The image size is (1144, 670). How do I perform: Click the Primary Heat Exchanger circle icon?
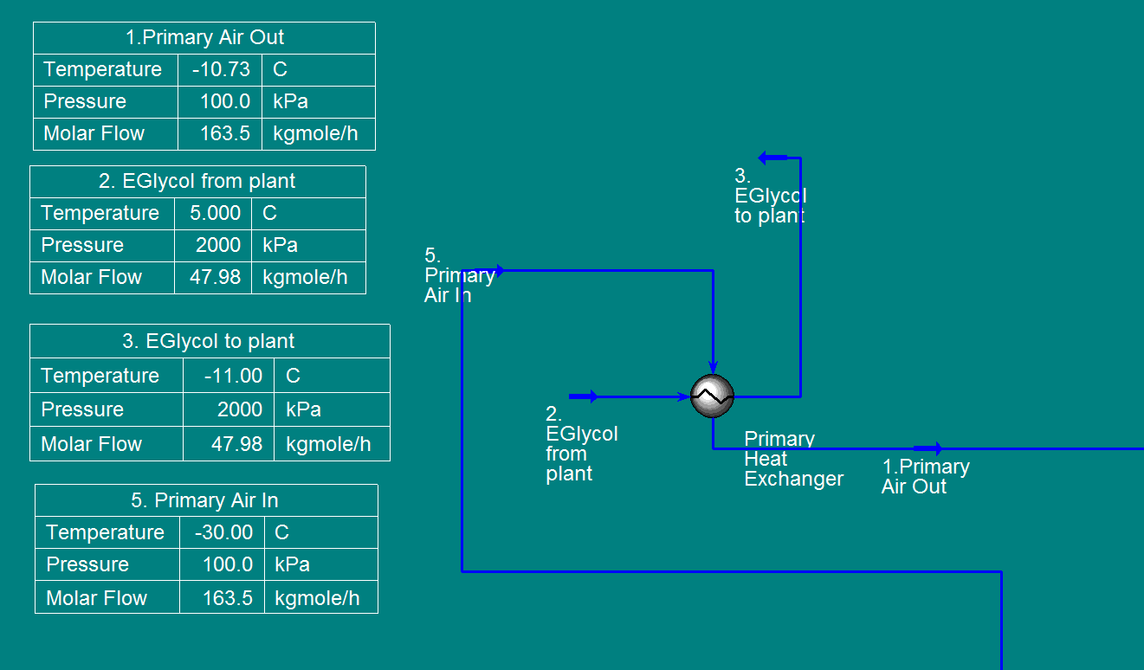click(712, 396)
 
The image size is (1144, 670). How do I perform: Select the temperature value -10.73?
click(221, 69)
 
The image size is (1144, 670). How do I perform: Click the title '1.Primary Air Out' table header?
click(204, 38)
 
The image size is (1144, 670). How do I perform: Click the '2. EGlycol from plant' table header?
click(197, 182)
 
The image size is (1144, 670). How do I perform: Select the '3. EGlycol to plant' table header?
click(209, 341)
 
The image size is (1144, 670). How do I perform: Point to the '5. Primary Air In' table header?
click(205, 500)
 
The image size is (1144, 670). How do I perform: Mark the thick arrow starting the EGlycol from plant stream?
click(583, 396)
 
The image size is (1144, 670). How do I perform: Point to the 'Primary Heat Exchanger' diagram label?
click(792, 459)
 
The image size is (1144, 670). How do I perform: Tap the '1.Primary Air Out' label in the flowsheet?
click(925, 476)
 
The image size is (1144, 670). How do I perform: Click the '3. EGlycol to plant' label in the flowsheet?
click(769, 196)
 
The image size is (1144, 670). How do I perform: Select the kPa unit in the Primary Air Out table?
click(290, 101)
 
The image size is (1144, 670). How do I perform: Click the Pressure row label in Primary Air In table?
click(87, 564)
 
